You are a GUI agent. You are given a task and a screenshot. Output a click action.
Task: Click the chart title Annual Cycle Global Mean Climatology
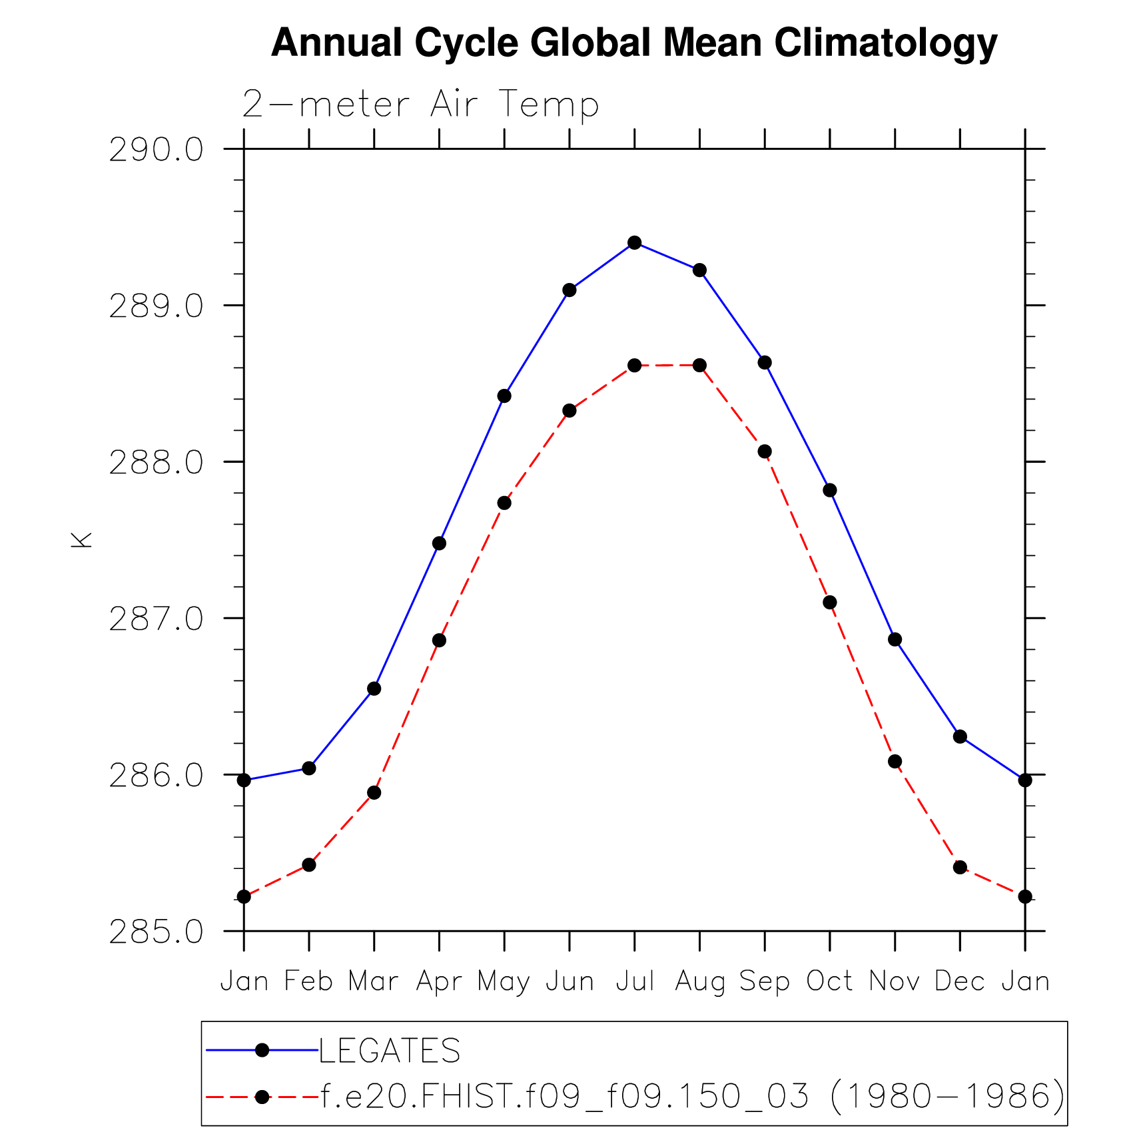634,43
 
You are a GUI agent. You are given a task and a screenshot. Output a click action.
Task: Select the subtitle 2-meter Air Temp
420,105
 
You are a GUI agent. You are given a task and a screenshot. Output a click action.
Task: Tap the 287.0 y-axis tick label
156,619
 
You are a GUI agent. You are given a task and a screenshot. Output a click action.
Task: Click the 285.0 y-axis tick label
156,932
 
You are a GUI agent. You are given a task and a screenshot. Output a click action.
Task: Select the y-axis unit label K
81,539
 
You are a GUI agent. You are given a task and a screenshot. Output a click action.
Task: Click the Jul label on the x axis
634,982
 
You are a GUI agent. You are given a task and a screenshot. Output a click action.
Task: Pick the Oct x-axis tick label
829,982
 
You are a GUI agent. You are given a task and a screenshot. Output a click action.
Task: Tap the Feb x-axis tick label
308,982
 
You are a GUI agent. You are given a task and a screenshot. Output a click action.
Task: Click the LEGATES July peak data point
634,242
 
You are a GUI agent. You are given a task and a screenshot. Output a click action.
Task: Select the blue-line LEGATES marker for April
439,543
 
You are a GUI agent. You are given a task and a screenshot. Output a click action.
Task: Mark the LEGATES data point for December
960,736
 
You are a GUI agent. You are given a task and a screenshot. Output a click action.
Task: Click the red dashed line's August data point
699,365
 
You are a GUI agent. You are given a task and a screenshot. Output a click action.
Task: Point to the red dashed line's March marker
374,792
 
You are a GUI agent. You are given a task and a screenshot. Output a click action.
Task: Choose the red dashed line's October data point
829,602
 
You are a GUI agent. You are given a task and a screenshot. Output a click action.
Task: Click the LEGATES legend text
390,1051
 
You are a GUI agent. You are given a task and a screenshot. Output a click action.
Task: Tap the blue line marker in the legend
262,1050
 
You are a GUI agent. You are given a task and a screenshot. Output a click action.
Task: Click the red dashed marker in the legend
262,1096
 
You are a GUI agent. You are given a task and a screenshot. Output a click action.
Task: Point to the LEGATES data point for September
765,362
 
